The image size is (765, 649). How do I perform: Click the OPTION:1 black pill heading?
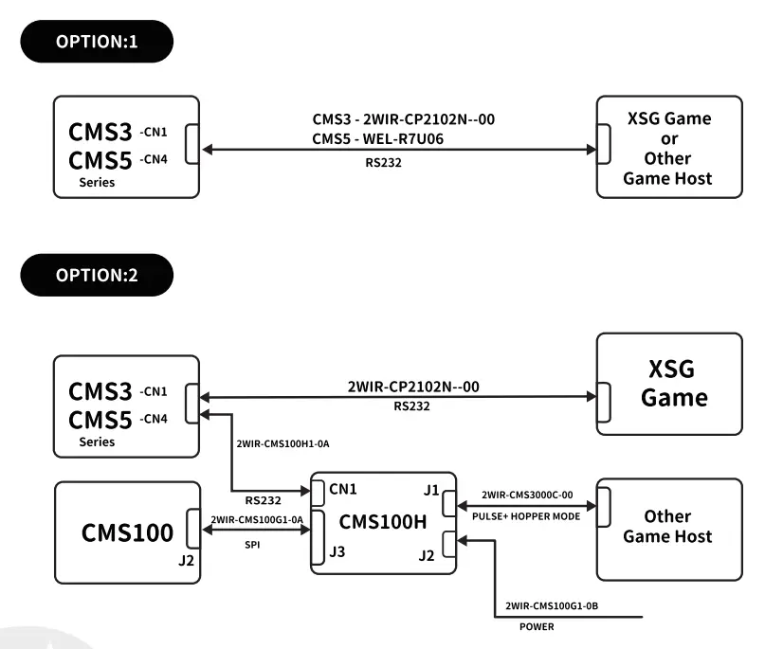click(97, 43)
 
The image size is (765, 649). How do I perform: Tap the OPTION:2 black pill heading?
click(97, 276)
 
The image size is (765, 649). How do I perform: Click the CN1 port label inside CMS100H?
click(344, 490)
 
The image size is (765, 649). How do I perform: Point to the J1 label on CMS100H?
click(431, 490)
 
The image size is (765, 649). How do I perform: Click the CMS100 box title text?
click(127, 532)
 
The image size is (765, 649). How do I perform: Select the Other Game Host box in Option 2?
click(668, 526)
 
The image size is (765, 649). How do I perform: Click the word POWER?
click(537, 627)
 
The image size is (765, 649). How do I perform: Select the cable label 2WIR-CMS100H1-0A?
click(284, 442)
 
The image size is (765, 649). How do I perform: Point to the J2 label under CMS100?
click(185, 560)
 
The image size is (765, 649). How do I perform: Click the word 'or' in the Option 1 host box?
click(668, 138)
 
